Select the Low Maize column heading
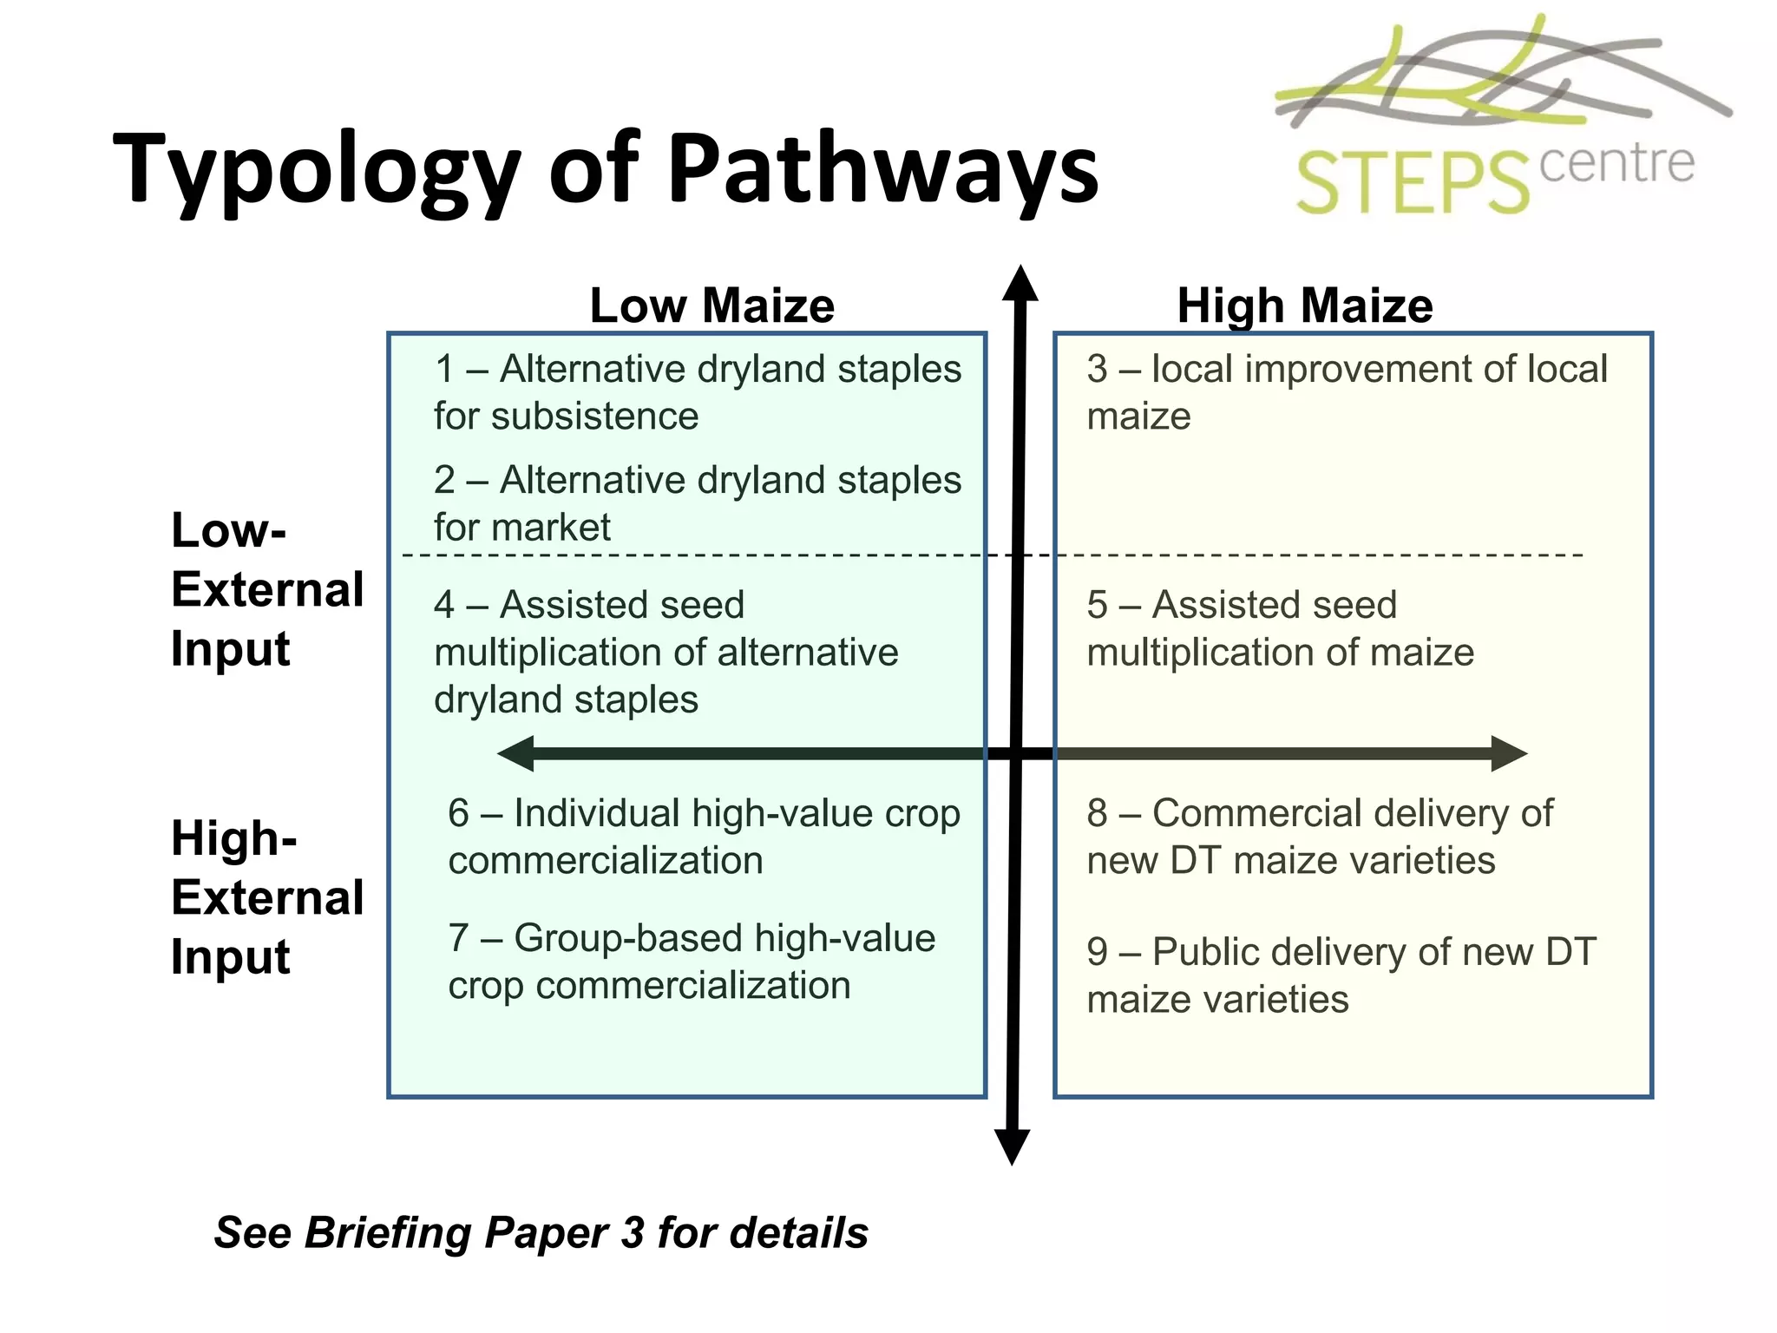pos(711,305)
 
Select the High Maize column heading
pos(1304,305)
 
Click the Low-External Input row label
pos(266,589)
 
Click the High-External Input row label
pos(266,897)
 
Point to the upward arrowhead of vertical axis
pos(1020,284)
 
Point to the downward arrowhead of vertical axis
pos(1012,1146)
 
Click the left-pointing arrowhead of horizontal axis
pos(517,753)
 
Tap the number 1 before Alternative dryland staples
pos(445,369)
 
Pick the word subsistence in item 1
pos(594,417)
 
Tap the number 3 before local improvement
pos(1097,369)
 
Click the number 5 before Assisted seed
pos(1097,605)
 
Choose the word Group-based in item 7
pos(628,938)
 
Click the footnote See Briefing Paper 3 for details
pos(541,1232)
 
